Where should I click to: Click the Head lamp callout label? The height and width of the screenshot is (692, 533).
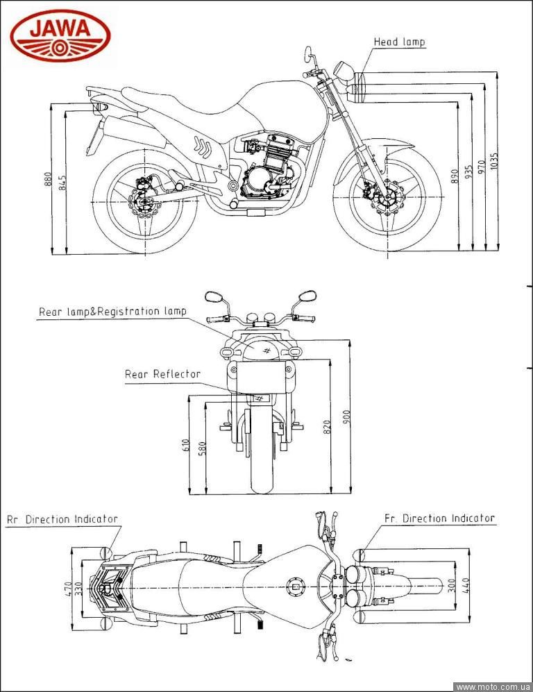(x=399, y=42)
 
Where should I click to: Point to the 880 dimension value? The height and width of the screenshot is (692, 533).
(x=48, y=179)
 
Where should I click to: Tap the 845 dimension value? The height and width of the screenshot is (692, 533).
(x=62, y=183)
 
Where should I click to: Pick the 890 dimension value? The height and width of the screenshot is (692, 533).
(x=454, y=176)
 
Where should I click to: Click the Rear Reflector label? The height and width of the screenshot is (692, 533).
(x=162, y=374)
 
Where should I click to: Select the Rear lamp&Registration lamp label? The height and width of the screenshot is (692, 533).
(x=112, y=312)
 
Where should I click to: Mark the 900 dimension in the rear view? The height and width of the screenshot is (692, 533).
(x=346, y=416)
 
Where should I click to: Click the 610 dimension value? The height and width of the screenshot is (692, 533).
(x=186, y=445)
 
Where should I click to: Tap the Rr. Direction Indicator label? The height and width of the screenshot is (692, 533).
(x=62, y=519)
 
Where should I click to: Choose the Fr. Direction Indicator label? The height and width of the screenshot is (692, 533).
(x=439, y=518)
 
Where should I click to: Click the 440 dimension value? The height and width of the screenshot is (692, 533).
(x=466, y=586)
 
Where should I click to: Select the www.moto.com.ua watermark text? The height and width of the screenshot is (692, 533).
(x=493, y=686)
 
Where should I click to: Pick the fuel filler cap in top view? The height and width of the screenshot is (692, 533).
(x=296, y=587)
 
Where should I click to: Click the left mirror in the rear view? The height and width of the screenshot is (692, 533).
(x=214, y=297)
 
